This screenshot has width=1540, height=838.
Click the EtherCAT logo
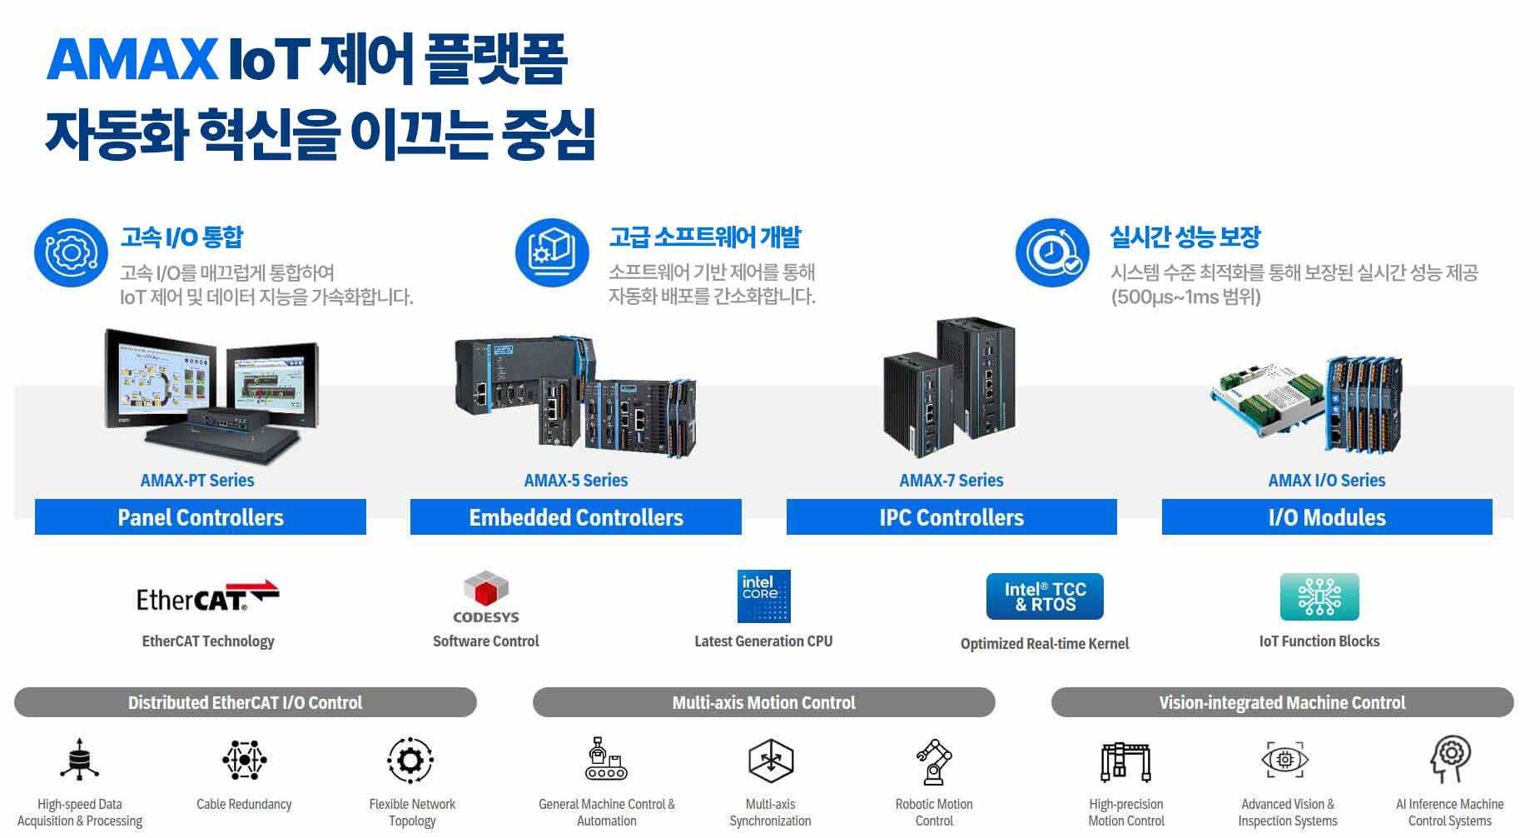(x=207, y=596)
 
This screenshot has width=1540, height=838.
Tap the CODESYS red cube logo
(x=486, y=590)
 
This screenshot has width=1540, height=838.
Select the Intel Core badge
(x=763, y=596)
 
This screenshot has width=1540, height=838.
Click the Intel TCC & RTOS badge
(x=1045, y=596)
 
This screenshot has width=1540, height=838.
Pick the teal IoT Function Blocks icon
(x=1319, y=596)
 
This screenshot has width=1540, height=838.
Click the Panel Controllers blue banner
(x=201, y=517)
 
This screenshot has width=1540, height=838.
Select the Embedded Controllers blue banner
(x=576, y=517)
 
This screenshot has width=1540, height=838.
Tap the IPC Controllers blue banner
(x=951, y=517)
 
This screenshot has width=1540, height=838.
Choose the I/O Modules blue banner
(x=1327, y=517)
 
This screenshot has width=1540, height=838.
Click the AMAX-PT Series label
(x=197, y=481)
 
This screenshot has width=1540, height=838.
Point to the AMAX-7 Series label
(x=951, y=481)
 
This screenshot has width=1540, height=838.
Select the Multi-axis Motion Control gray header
(x=763, y=702)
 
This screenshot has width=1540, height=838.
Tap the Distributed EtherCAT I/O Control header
(x=245, y=702)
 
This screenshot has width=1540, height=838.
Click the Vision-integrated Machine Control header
(x=1282, y=702)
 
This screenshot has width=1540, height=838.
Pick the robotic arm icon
(x=934, y=761)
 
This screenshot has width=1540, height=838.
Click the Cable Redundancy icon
(x=244, y=760)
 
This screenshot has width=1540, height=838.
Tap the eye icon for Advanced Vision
(x=1284, y=760)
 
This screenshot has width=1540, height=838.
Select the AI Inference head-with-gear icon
(x=1450, y=759)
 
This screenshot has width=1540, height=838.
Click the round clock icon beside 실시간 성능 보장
(x=1052, y=252)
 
